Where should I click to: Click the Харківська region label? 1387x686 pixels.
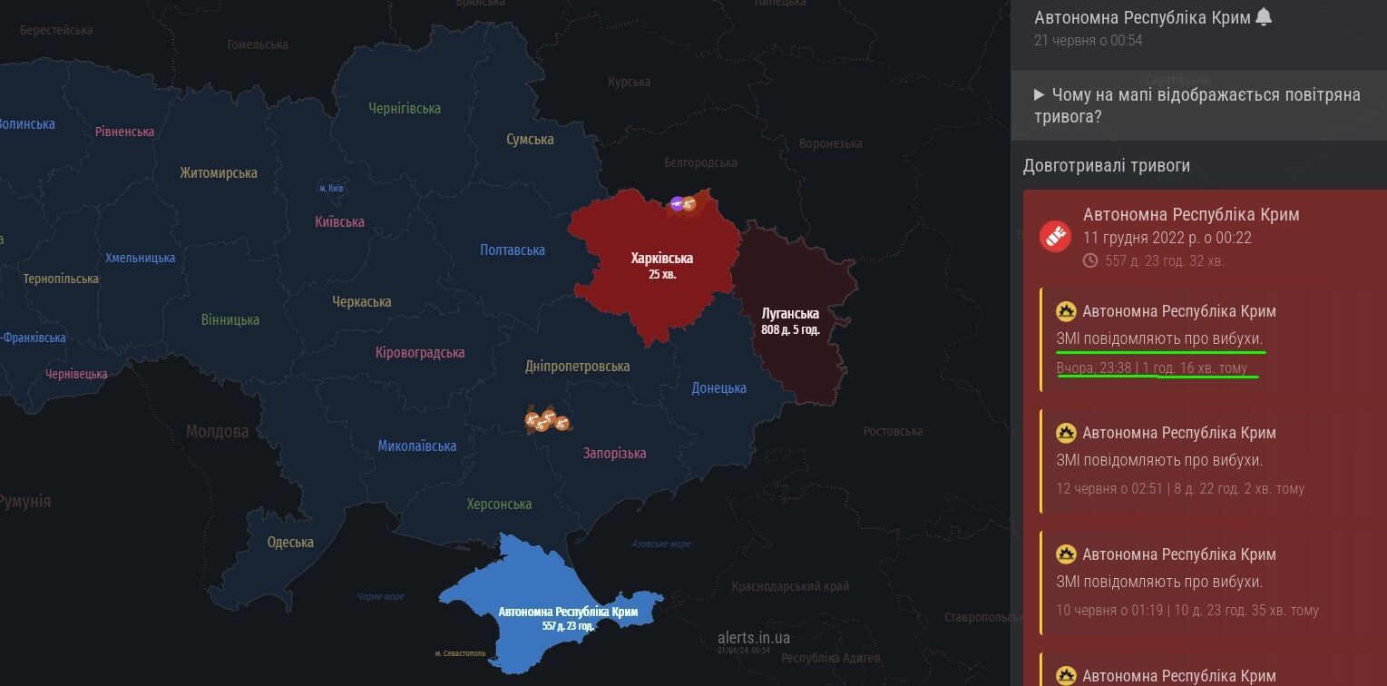point(661,259)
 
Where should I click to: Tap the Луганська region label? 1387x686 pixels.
point(790,314)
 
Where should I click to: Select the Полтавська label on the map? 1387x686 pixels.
point(513,250)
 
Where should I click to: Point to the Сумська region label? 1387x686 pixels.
point(530,139)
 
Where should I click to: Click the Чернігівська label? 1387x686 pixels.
point(405,108)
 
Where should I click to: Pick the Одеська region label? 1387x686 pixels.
point(290,543)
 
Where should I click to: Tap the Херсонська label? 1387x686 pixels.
point(499,504)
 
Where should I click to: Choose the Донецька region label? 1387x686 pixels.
point(718,387)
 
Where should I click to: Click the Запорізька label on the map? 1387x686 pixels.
point(614,453)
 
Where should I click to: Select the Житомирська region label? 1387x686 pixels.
point(218,172)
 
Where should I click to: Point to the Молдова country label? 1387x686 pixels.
point(217,431)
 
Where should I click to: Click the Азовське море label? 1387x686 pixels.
point(661,544)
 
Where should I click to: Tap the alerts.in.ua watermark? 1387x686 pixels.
point(753,638)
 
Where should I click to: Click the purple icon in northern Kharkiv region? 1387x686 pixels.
point(676,203)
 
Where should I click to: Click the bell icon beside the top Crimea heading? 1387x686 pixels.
point(1264,17)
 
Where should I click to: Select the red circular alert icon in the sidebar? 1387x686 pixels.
point(1055,237)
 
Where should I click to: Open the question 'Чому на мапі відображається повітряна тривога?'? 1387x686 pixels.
point(1197,106)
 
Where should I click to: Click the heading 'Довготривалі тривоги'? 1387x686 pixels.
point(1106,165)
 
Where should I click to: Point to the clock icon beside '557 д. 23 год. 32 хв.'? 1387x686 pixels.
point(1090,260)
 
